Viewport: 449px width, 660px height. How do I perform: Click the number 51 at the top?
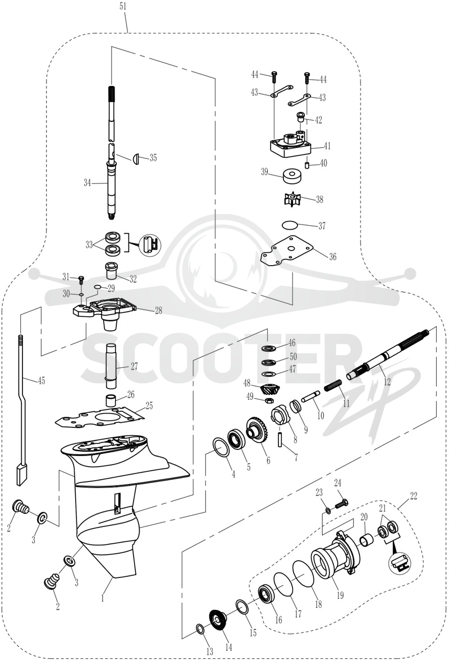[123, 7]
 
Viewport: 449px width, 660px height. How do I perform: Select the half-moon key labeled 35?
[135, 159]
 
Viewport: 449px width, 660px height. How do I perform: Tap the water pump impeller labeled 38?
[294, 199]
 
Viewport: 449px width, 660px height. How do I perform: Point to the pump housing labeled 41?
[290, 145]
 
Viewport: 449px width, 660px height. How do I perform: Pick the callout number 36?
[333, 257]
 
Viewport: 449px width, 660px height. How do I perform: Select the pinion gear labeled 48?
[267, 390]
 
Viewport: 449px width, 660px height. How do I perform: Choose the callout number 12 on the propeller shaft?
[387, 382]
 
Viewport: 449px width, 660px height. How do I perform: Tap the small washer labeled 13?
[200, 629]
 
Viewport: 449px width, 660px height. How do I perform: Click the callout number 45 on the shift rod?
[41, 381]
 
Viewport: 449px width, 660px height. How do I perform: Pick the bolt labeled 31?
[81, 280]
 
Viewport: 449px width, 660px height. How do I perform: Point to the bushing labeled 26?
[111, 399]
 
